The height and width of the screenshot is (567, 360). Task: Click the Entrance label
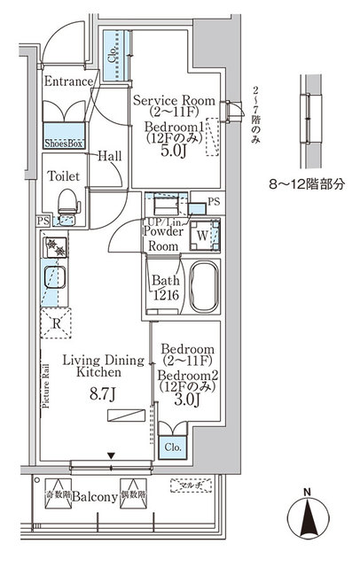tap(69, 82)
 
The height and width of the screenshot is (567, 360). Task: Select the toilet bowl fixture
tap(67, 206)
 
